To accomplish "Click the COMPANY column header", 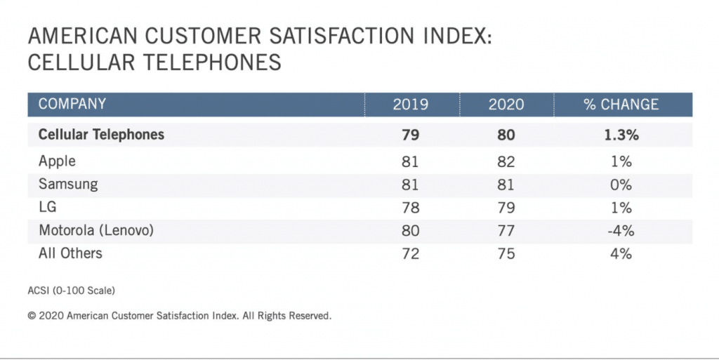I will pyautogui.click(x=72, y=105).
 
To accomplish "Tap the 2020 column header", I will pyautogui.click(x=506, y=105).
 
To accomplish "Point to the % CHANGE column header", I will pyautogui.click(x=621, y=105).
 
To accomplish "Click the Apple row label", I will pyautogui.click(x=57, y=161).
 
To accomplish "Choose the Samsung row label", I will pyautogui.click(x=68, y=185).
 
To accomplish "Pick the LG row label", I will pyautogui.click(x=48, y=208).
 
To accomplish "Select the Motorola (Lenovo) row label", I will pyautogui.click(x=95, y=231).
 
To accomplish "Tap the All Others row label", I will pyautogui.click(x=70, y=253).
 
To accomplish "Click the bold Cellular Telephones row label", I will pyautogui.click(x=101, y=134).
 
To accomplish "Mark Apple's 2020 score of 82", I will pyautogui.click(x=506, y=162).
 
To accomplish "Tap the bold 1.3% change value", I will pyautogui.click(x=621, y=135).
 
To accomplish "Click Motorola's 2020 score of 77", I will pyautogui.click(x=506, y=231).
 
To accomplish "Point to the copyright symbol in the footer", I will pyautogui.click(x=32, y=316).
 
